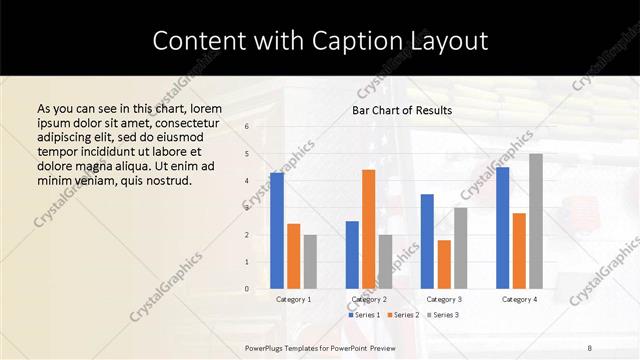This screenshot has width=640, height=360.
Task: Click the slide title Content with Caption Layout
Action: (x=320, y=41)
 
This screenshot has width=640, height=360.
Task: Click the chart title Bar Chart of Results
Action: (x=402, y=110)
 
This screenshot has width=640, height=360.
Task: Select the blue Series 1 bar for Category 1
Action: (x=277, y=231)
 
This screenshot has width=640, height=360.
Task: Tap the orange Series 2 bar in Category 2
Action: (x=369, y=229)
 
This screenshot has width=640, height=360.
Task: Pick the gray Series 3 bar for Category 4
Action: (x=536, y=221)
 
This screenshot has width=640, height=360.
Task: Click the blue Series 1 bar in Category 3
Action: (x=427, y=241)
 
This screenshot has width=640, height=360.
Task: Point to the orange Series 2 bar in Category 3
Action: (x=444, y=264)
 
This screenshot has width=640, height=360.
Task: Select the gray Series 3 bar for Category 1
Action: (x=310, y=261)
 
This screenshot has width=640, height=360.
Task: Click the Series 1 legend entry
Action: (x=365, y=315)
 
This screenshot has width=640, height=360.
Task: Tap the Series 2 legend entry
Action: (x=403, y=315)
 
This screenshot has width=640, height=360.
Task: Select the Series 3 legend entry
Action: (x=443, y=315)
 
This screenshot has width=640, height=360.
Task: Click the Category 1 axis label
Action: (x=293, y=299)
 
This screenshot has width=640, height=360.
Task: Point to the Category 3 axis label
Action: (x=444, y=299)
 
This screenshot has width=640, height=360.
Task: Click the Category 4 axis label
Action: (x=519, y=299)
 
